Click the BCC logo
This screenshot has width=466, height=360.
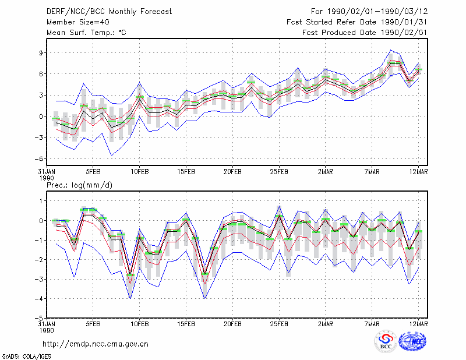(x=386, y=341)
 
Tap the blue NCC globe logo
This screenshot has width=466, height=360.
(x=412, y=341)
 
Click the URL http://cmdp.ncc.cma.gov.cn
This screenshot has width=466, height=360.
(x=96, y=344)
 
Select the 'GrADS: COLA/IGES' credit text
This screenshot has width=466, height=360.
(x=26, y=357)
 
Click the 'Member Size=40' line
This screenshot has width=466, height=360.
(x=78, y=22)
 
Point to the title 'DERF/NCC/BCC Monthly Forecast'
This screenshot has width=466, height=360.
(x=109, y=12)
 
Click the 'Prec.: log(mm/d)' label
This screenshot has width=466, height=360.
(x=79, y=185)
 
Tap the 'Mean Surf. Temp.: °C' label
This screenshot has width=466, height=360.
(x=86, y=33)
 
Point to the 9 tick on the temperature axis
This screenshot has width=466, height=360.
(x=41, y=53)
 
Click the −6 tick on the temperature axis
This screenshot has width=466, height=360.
(x=39, y=159)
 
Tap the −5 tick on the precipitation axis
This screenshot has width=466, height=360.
(x=39, y=318)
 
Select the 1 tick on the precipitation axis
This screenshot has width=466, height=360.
(x=41, y=201)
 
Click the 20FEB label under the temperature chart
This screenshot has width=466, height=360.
(x=232, y=172)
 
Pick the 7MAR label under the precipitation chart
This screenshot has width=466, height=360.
(x=372, y=324)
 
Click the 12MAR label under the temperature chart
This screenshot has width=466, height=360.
(x=418, y=172)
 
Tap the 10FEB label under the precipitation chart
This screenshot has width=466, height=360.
(x=139, y=324)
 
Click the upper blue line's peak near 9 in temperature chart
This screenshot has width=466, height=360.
(x=390, y=50)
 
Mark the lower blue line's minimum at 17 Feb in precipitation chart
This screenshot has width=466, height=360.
(x=204, y=298)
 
